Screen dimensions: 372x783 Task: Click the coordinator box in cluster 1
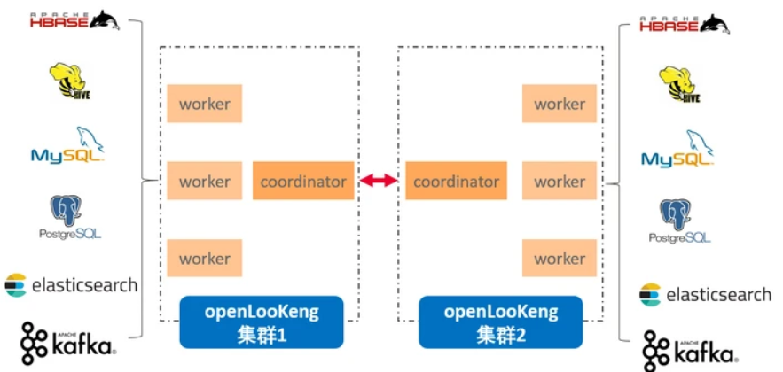click(303, 182)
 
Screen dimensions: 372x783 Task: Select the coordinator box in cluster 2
click(456, 182)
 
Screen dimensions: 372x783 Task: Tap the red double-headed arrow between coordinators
click(380, 182)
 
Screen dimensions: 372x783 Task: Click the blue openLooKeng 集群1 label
click(261, 322)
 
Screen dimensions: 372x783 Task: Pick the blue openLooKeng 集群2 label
click(501, 322)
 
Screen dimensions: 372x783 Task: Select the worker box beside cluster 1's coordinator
click(204, 182)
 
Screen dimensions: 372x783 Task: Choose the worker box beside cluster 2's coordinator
click(560, 182)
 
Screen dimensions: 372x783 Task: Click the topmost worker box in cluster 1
click(204, 105)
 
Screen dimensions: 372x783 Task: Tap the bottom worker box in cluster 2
click(560, 259)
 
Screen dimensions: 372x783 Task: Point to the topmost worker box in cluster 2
click(560, 105)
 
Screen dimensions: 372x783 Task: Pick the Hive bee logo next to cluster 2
click(680, 87)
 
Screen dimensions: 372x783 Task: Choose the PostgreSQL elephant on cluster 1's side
click(68, 211)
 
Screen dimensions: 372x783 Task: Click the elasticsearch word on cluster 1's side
click(84, 285)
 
